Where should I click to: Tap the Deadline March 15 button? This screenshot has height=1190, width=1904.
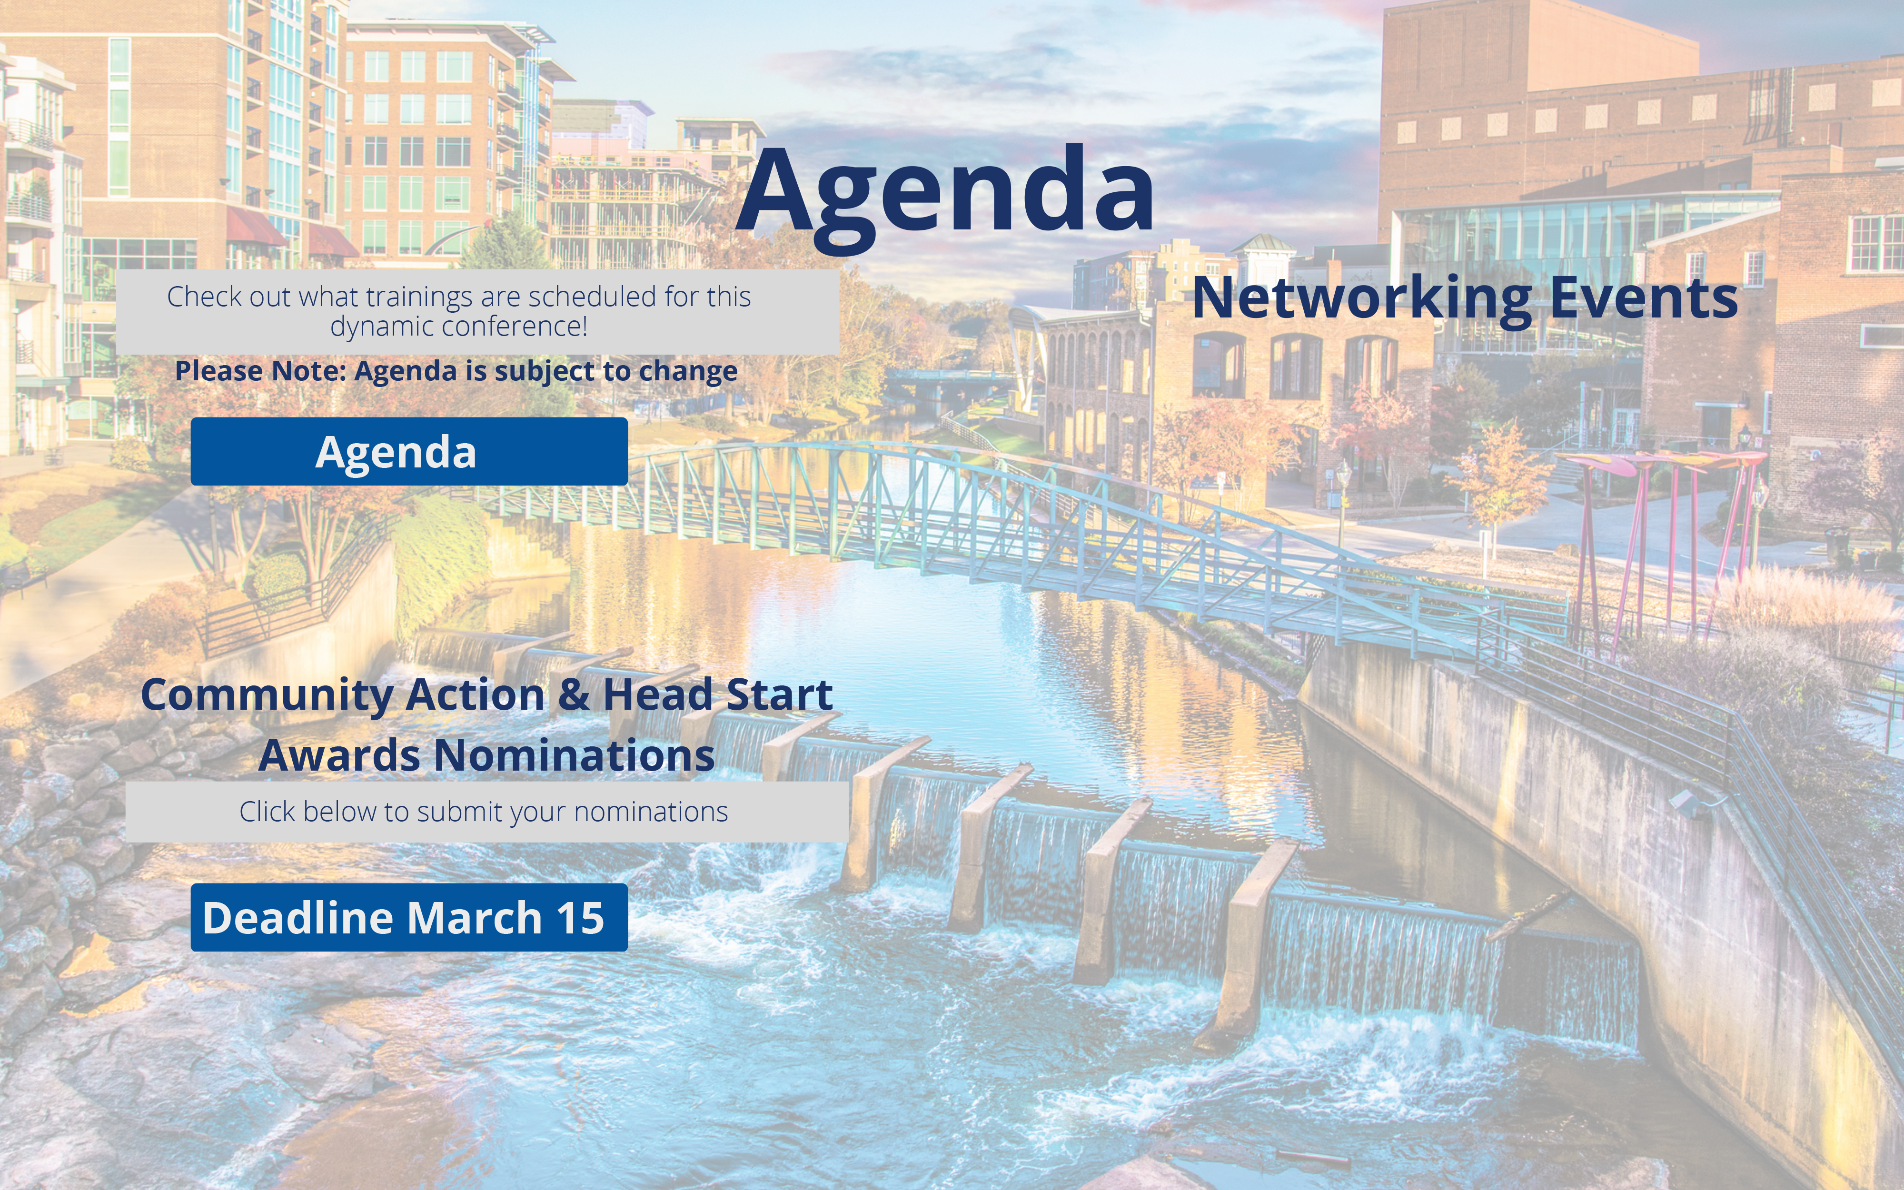(x=409, y=917)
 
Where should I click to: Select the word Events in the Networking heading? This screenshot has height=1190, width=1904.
(x=1644, y=298)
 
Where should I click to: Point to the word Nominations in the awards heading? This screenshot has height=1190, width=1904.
(x=575, y=755)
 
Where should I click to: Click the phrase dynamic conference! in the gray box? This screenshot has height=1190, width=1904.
(x=459, y=327)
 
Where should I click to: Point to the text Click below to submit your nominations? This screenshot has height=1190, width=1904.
(x=484, y=812)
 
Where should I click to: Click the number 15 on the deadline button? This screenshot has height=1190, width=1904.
(x=580, y=918)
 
